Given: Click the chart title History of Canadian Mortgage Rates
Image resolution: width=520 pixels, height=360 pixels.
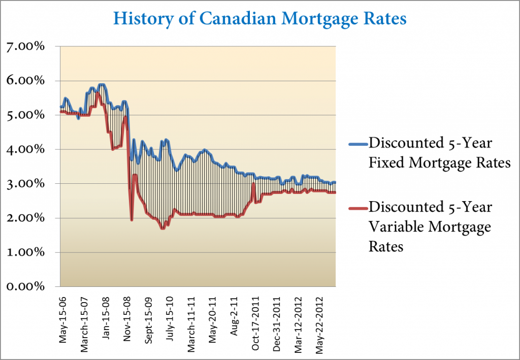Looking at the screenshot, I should click(259, 18).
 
